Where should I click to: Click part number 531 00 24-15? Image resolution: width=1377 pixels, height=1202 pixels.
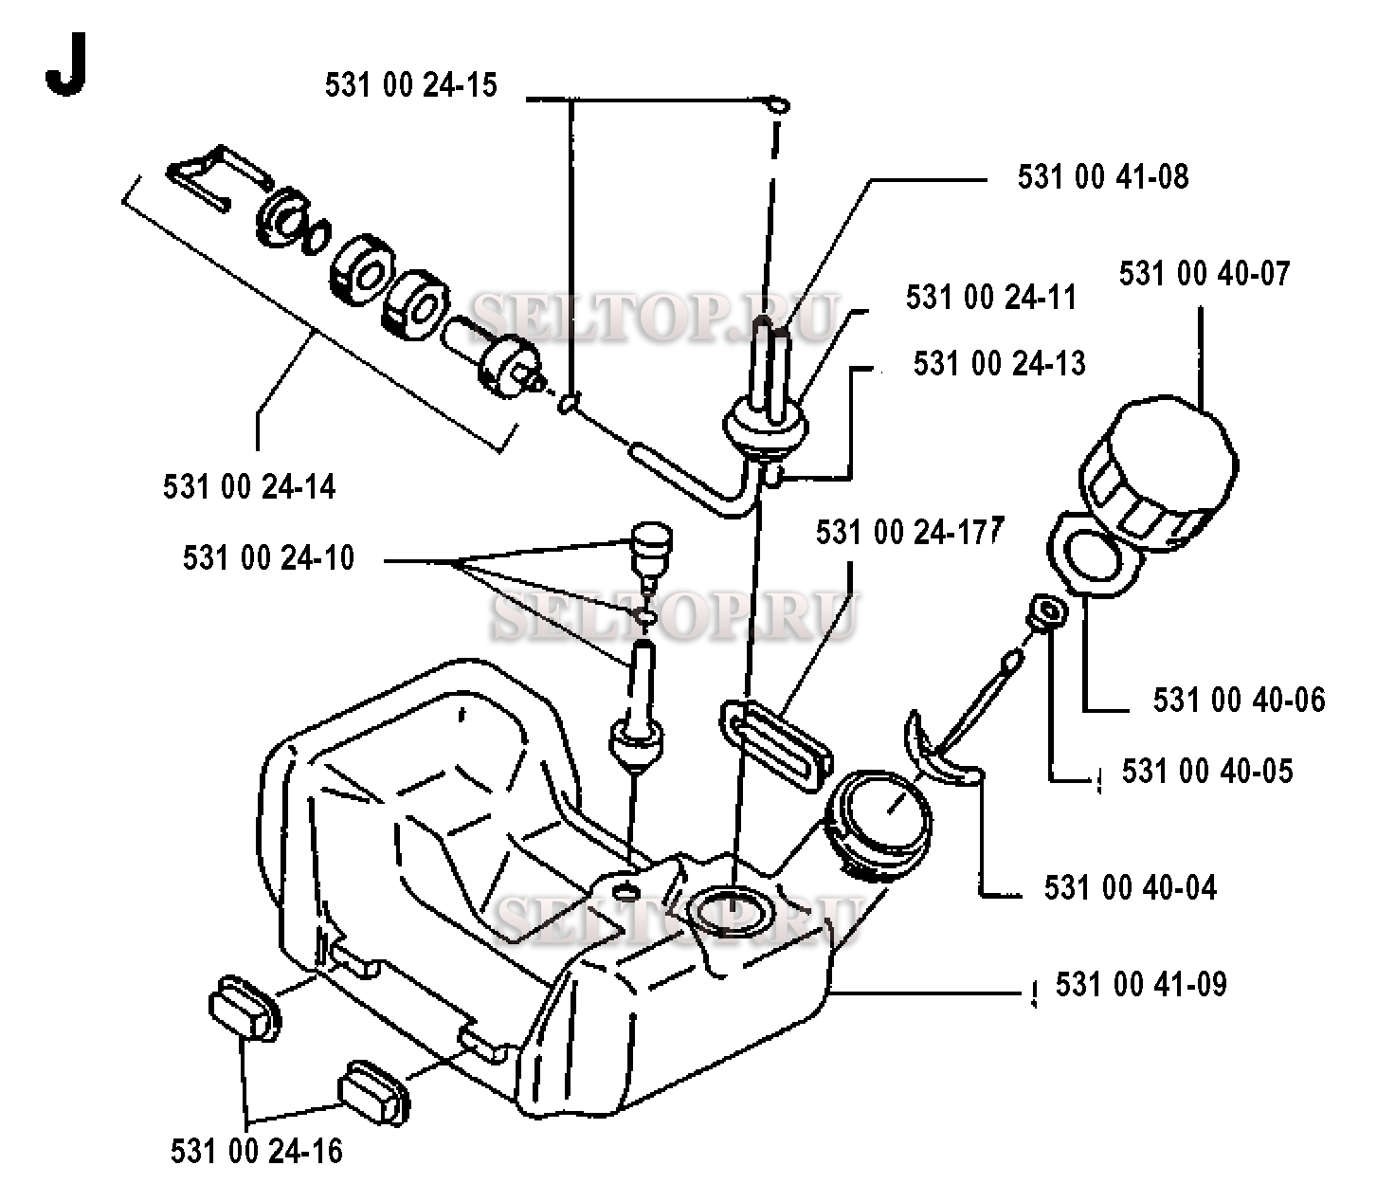[410, 85]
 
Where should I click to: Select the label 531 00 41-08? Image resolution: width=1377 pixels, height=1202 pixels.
[1102, 177]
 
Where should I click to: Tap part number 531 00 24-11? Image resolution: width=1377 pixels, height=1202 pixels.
[990, 298]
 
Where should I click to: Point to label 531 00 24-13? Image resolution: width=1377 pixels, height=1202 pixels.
[999, 364]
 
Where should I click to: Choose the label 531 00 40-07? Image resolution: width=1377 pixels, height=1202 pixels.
[1205, 274]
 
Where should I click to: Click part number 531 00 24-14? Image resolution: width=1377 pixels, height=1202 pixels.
[249, 487]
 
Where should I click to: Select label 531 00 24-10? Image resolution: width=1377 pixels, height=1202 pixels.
[268, 557]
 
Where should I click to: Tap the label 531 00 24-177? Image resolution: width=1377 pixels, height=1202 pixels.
[908, 533]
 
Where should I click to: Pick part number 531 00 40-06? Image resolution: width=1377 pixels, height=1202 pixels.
[1239, 700]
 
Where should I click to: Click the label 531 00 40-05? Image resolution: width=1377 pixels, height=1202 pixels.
[1206, 771]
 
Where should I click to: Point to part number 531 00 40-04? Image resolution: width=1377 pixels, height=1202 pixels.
[1130, 888]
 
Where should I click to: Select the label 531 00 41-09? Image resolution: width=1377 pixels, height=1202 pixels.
[1141, 984]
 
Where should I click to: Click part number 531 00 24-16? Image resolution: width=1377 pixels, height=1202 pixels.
[256, 1151]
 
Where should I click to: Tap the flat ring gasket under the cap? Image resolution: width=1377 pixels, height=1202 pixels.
[1095, 559]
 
